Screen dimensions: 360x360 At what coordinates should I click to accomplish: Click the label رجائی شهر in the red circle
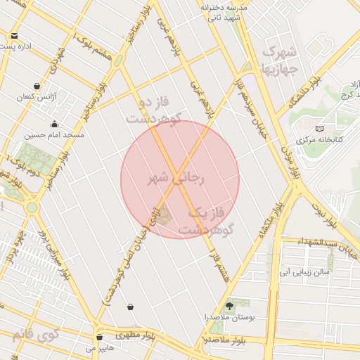click(175, 179)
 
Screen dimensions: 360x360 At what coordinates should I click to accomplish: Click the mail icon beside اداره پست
click(15, 35)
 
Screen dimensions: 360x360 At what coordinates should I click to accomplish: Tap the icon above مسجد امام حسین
click(54, 124)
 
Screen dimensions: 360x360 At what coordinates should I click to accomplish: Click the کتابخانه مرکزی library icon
click(319, 129)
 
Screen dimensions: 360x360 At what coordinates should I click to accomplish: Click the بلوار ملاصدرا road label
click(225, 340)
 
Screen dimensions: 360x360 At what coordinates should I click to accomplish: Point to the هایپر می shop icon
click(99, 337)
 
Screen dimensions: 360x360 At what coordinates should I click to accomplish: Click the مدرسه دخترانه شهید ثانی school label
click(225, 12)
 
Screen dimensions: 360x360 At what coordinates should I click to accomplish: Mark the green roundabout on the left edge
click(32, 207)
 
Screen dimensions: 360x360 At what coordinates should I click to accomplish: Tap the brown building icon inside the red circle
click(163, 216)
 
